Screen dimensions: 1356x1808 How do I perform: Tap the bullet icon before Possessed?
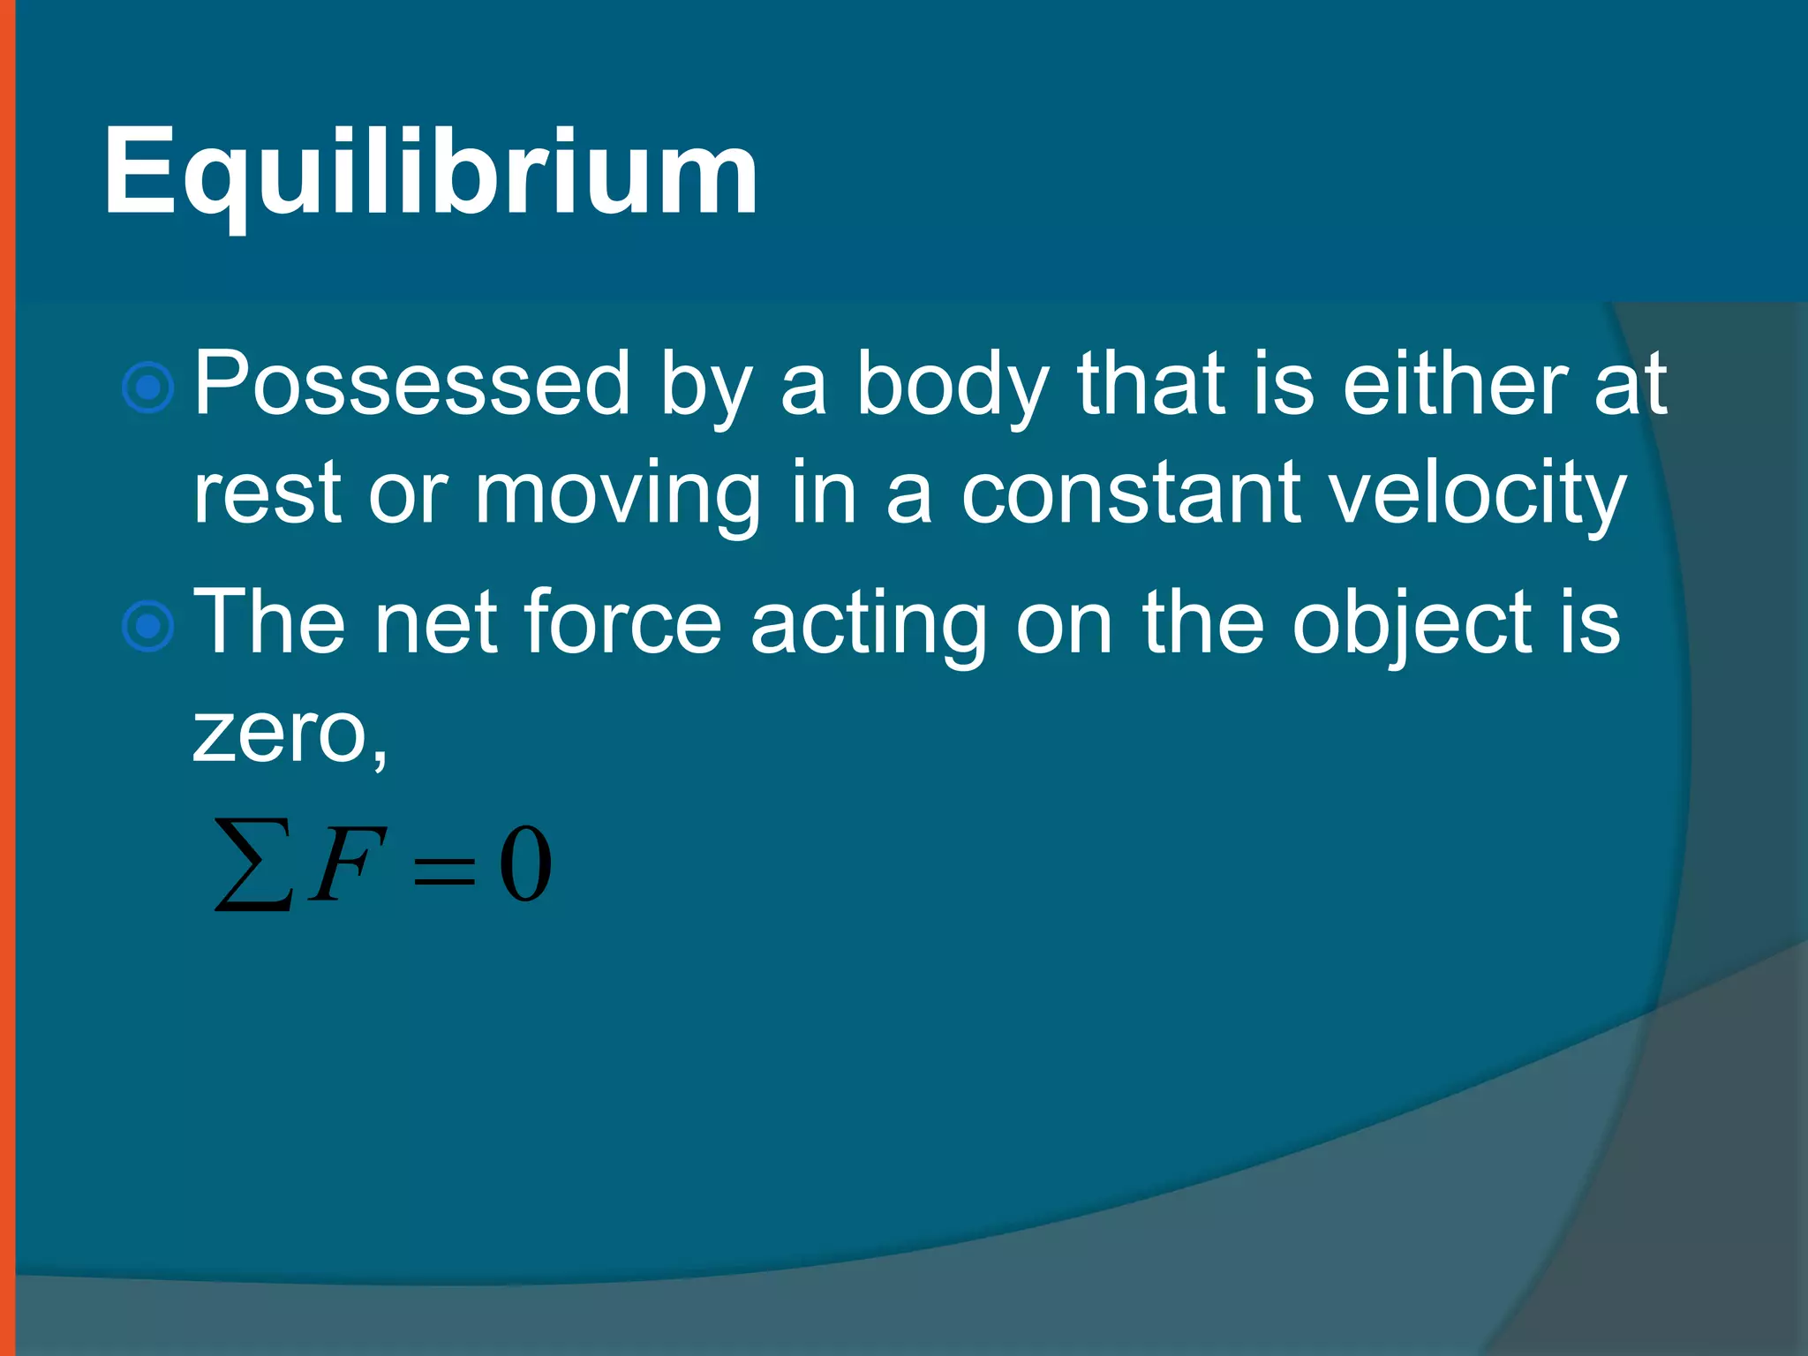(148, 387)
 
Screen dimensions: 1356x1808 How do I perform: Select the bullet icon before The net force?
(148, 626)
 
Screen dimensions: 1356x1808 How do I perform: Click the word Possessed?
(411, 383)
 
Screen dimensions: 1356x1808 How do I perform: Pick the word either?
(1455, 383)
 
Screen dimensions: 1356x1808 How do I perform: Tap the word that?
(1151, 383)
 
